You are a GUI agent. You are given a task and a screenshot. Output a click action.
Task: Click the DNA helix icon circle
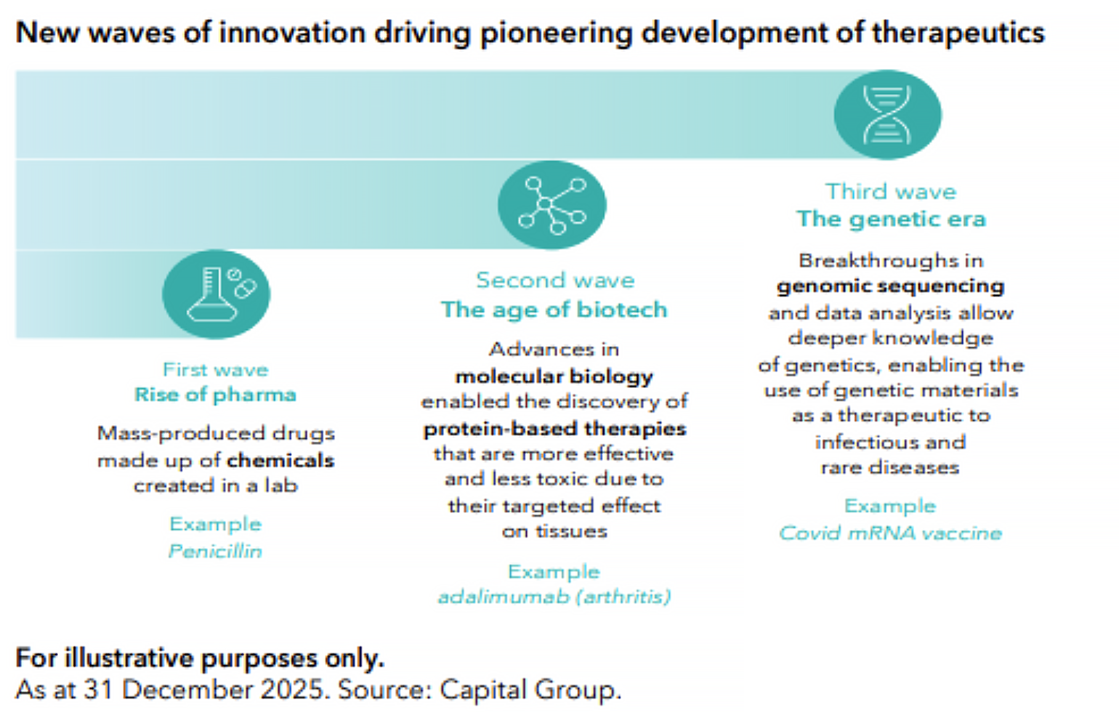(x=888, y=115)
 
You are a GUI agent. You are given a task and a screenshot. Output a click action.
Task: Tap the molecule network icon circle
(x=552, y=205)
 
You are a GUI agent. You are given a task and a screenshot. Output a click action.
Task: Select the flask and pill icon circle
(x=217, y=294)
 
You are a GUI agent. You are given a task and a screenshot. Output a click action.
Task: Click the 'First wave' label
(x=216, y=370)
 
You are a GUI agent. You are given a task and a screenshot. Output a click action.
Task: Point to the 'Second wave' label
(x=555, y=281)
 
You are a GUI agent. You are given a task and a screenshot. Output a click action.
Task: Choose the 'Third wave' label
(x=891, y=191)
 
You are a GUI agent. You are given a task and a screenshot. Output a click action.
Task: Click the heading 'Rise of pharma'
(x=215, y=395)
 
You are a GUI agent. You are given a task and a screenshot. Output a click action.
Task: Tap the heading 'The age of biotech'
(x=554, y=310)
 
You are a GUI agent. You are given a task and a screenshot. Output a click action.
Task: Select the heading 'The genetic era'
(x=891, y=219)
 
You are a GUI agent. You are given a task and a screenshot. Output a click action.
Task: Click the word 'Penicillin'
(x=215, y=551)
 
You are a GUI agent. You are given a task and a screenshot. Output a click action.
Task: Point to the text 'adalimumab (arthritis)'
(x=554, y=597)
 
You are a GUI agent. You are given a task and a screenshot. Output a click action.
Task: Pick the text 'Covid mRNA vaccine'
(x=891, y=533)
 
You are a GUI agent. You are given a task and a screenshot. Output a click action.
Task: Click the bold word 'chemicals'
(x=280, y=460)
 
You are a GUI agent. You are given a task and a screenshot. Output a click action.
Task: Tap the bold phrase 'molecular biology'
(x=554, y=376)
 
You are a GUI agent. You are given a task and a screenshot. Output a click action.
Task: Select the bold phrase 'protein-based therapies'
(x=555, y=429)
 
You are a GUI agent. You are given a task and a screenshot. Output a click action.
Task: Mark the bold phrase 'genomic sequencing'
(x=891, y=286)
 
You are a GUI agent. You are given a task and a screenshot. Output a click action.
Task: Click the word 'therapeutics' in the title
(x=958, y=33)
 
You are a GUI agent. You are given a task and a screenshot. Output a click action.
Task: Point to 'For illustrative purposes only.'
(x=200, y=658)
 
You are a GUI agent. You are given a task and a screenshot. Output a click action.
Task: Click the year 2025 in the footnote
(x=292, y=690)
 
